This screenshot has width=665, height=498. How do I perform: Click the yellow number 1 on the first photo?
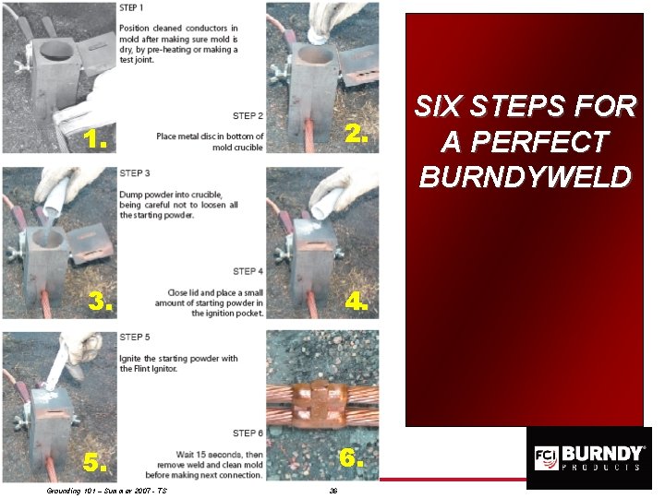click(94, 139)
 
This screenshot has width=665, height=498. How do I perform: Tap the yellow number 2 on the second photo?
click(357, 135)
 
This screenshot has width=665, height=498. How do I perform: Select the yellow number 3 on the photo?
click(100, 301)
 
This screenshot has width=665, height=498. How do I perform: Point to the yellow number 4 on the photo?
click(357, 302)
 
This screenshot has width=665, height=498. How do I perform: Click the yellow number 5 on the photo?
click(94, 462)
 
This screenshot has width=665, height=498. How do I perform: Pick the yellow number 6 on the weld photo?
click(351, 458)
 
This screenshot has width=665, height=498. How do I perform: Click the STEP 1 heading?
click(131, 7)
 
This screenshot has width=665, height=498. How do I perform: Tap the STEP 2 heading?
click(248, 115)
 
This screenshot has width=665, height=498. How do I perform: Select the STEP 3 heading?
click(135, 173)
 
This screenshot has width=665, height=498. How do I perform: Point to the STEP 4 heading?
click(248, 271)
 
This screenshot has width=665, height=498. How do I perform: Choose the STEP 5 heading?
click(135, 338)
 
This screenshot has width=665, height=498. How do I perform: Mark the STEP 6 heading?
click(248, 433)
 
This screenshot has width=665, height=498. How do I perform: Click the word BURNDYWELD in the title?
click(526, 176)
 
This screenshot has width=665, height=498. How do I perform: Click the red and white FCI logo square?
click(546, 457)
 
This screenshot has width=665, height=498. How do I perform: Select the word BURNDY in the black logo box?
click(601, 454)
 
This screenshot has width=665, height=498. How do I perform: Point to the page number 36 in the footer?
click(333, 491)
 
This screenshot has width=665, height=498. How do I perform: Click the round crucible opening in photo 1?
click(56, 50)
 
